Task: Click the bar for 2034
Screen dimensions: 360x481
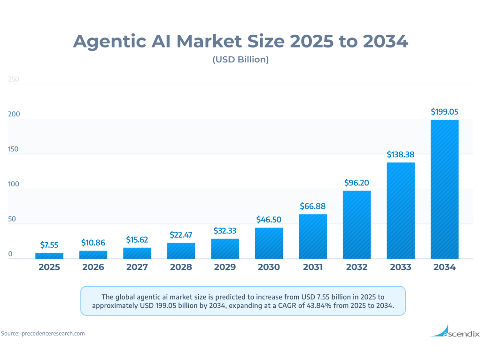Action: [444, 189]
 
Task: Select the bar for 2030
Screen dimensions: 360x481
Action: [269, 243]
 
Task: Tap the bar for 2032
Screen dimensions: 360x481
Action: [357, 224]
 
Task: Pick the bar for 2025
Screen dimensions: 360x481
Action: [49, 255]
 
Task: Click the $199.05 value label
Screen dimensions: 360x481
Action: [444, 112]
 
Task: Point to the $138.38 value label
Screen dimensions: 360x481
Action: [401, 154]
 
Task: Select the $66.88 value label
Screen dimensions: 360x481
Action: [313, 206]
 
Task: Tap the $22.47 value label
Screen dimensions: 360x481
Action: [181, 234]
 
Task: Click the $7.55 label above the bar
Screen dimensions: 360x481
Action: [49, 245]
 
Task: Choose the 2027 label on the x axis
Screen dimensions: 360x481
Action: [137, 267]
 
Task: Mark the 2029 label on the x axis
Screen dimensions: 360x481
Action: [225, 267]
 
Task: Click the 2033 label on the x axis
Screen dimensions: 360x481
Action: [401, 267]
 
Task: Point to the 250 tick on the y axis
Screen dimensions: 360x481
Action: [14, 79]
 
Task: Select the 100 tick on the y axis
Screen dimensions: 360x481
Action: [14, 184]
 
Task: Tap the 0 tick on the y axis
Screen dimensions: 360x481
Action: [10, 254]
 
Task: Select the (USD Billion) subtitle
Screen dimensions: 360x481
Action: [240, 60]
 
